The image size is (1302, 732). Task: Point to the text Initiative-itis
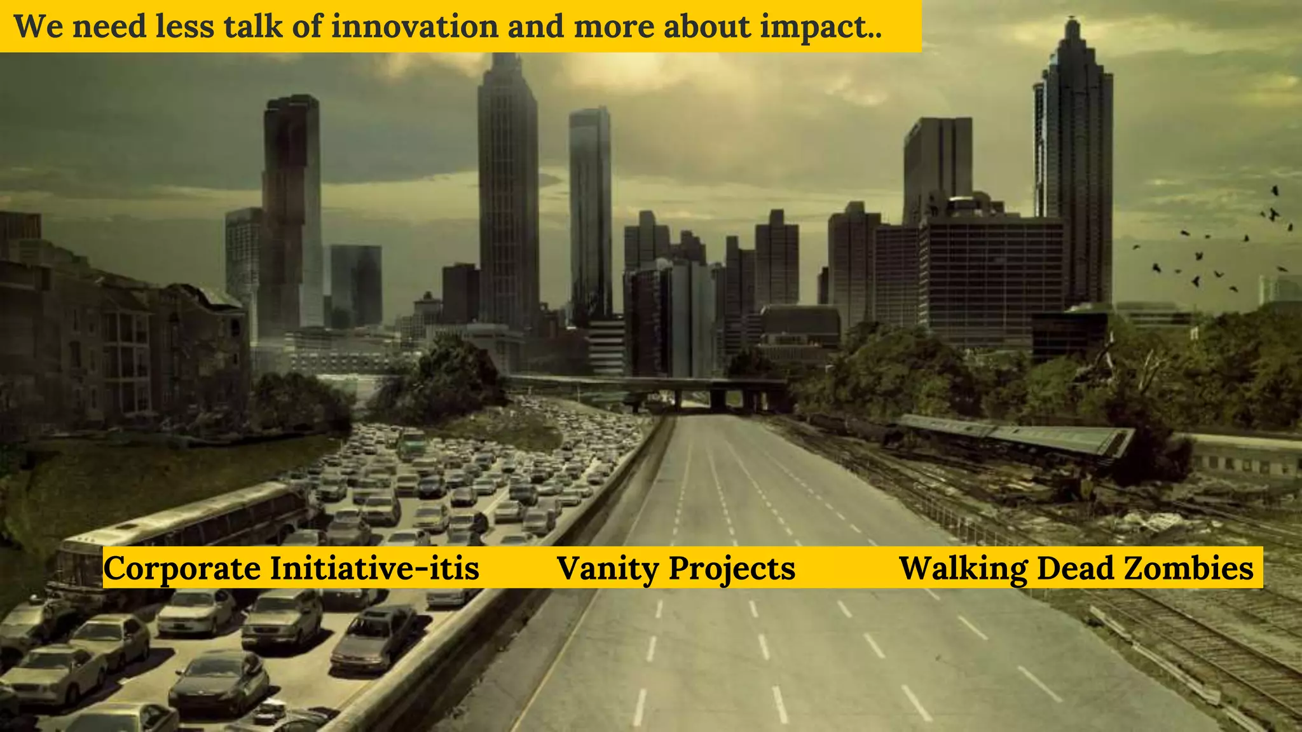point(374,568)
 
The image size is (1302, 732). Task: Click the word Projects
point(732,568)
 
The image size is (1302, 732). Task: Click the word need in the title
point(109,27)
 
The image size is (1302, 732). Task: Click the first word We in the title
point(38,27)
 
